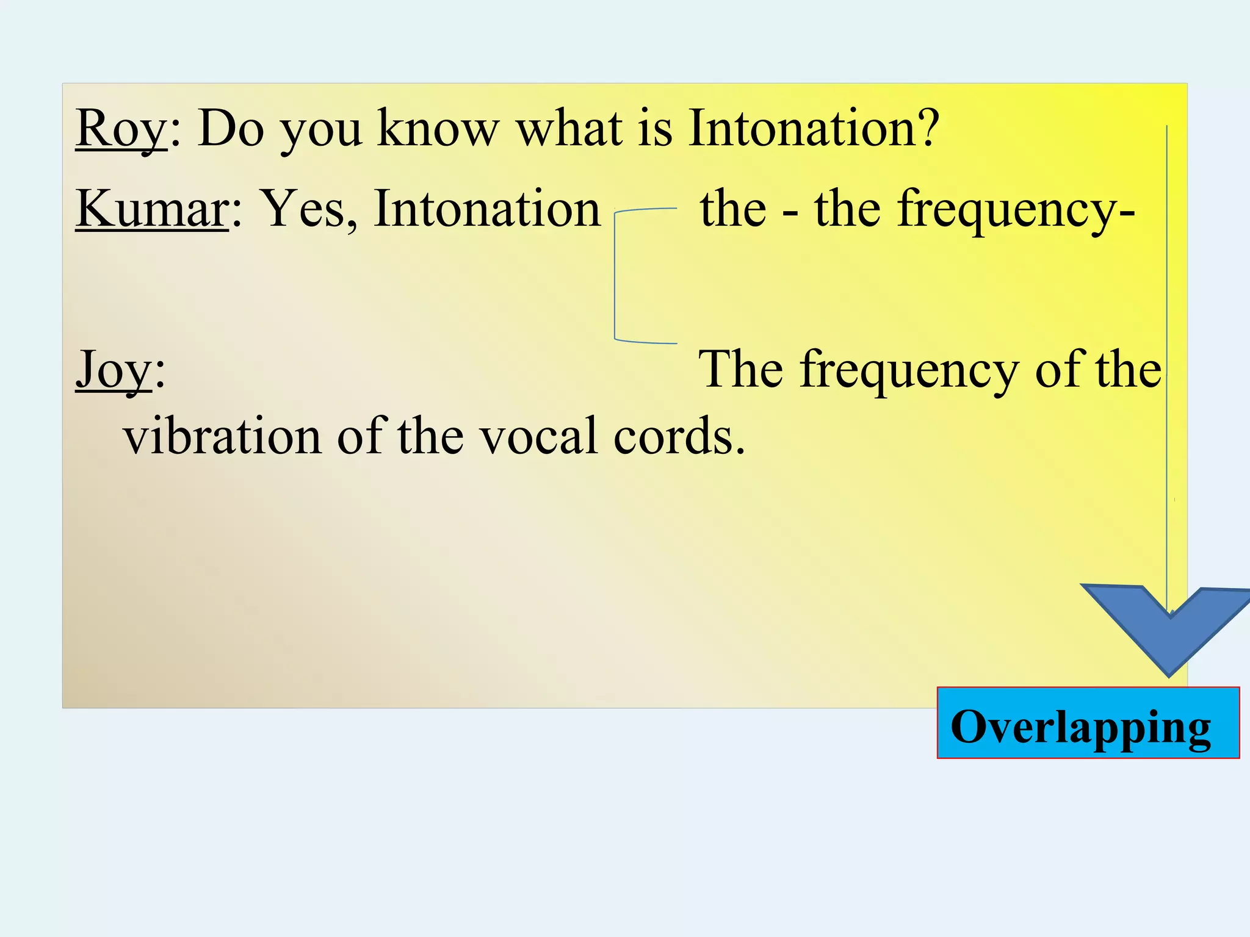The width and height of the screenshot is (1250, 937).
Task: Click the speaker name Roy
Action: point(120,129)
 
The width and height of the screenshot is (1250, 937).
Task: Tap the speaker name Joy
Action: point(114,370)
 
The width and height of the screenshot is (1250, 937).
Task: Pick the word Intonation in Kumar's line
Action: point(487,209)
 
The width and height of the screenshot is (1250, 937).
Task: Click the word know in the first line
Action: point(438,129)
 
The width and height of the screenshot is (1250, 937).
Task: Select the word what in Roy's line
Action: point(569,129)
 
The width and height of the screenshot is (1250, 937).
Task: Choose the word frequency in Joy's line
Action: point(909,371)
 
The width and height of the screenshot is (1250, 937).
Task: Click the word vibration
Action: point(222,437)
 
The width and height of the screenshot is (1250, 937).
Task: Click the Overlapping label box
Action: point(1088,723)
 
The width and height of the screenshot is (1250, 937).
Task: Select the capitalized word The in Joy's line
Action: point(740,370)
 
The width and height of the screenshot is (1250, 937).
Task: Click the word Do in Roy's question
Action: point(231,129)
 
